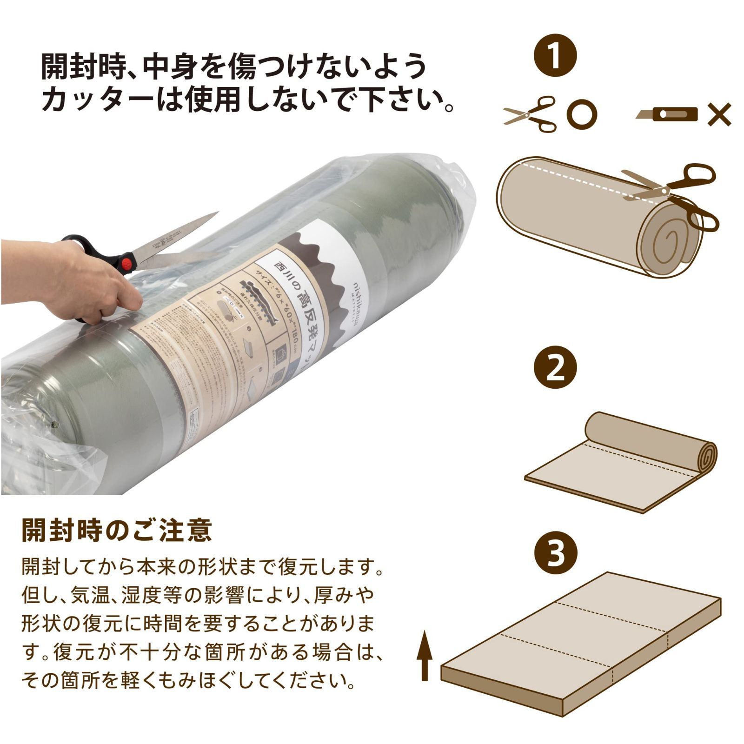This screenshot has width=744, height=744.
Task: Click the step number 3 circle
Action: coord(556,553)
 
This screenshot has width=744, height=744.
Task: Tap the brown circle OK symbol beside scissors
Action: coord(582,114)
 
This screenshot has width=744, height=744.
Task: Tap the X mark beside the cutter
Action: coord(719,115)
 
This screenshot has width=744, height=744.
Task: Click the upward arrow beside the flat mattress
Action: coord(424,659)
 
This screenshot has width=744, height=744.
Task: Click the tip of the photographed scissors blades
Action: coord(217,213)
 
